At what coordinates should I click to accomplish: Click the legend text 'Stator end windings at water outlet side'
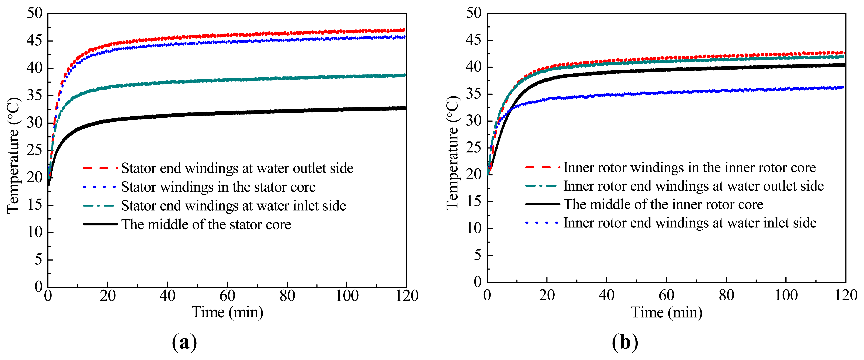click(x=237, y=168)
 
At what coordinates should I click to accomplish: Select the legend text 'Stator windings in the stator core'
click(x=218, y=187)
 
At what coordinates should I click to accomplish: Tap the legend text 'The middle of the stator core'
click(x=206, y=224)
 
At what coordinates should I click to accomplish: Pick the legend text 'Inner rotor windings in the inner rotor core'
click(x=690, y=167)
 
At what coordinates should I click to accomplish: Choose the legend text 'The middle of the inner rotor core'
click(x=663, y=204)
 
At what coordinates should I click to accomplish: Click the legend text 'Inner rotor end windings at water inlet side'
click(x=690, y=223)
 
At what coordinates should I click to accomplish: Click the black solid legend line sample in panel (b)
click(x=542, y=204)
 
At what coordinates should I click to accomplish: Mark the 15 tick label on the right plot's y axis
click(x=474, y=201)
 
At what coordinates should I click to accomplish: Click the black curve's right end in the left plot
click(x=405, y=108)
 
